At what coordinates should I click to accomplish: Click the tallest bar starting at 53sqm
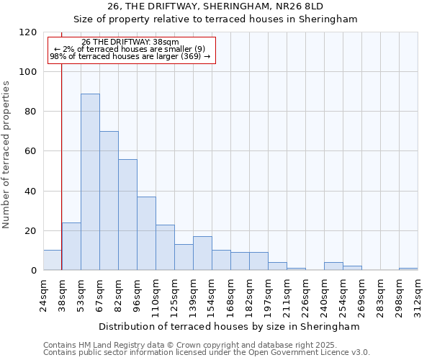coord(90,181)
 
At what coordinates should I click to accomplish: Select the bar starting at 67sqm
coord(109,200)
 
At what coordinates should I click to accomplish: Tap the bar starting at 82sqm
coord(127,215)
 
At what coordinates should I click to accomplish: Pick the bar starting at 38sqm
coord(71,246)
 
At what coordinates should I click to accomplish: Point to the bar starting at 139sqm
coord(202,253)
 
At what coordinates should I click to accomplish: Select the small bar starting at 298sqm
coord(408,269)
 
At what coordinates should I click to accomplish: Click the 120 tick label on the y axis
coord(28,32)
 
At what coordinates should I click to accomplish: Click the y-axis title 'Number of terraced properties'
coord(6,154)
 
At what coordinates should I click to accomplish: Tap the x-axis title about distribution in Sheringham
coord(230,326)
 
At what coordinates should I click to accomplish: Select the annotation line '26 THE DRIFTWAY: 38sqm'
coord(130,42)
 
